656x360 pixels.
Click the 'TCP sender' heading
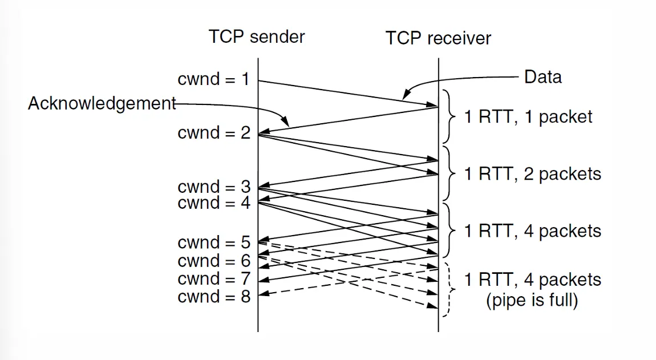[x=257, y=37]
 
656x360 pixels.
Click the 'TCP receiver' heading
[x=438, y=38]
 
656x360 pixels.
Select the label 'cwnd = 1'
[x=213, y=79]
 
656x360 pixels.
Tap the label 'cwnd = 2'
[x=213, y=133]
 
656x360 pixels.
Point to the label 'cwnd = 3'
[x=213, y=187]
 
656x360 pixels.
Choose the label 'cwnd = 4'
[x=213, y=203]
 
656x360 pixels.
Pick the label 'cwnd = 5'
[x=213, y=242]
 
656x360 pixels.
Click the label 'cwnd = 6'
[x=213, y=261]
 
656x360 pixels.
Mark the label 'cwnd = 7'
[x=213, y=278]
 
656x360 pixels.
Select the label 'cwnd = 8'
[x=213, y=297]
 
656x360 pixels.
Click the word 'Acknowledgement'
[x=102, y=103]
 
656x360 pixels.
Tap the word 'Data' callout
[x=542, y=77]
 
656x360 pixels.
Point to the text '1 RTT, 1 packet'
[x=528, y=117]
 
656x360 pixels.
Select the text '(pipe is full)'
[x=532, y=300]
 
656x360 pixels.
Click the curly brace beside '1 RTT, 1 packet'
[x=450, y=116]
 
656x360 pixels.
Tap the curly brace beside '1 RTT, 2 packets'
[x=450, y=172]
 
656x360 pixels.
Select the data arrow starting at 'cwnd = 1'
[x=348, y=93]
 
